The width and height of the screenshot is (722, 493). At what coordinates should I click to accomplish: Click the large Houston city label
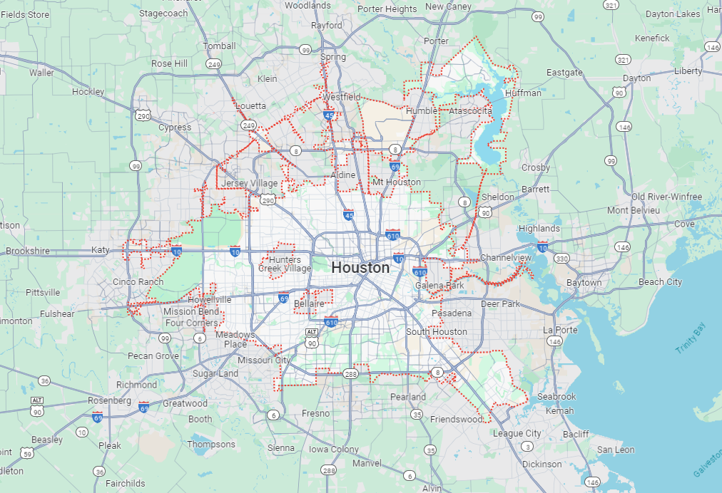point(360,268)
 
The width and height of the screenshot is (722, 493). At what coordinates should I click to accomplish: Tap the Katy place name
point(101,250)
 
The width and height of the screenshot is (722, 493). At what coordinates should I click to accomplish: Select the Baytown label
point(584,282)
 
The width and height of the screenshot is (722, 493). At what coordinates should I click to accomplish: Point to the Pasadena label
point(451,313)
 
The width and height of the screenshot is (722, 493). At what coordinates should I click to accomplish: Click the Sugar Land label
point(215,373)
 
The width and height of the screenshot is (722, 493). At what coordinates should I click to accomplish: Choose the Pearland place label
point(407,397)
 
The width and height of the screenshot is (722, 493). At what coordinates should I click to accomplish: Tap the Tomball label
point(219,46)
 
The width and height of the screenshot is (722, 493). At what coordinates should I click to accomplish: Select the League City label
point(517,433)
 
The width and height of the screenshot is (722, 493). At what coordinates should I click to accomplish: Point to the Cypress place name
point(175,127)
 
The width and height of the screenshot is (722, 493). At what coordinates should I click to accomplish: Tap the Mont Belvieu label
point(628,210)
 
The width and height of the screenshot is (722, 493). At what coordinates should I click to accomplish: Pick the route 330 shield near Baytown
point(562,259)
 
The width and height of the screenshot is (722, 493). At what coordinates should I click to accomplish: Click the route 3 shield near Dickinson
point(527,447)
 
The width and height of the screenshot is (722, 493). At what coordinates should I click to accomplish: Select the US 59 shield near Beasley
point(27,453)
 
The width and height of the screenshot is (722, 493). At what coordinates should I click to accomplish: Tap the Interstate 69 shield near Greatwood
point(144,407)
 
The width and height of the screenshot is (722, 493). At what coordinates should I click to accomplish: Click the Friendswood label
point(457,419)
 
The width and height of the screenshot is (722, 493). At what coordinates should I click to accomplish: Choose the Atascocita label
point(470,111)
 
